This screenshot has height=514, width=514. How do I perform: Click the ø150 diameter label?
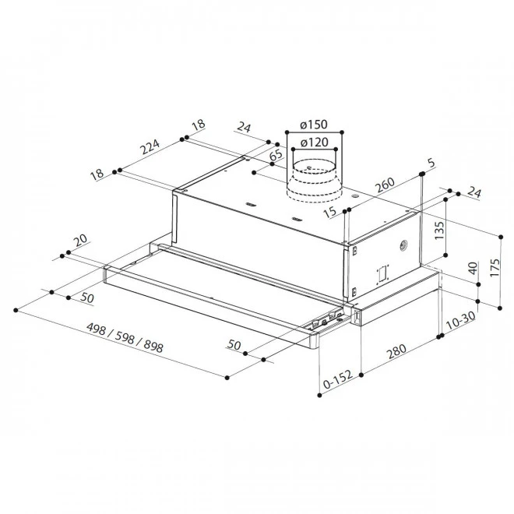314,125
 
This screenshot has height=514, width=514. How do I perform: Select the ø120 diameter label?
314,143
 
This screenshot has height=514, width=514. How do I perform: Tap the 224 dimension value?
150,146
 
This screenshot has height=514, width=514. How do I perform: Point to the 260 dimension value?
385,185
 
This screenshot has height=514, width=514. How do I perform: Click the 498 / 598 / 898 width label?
125,337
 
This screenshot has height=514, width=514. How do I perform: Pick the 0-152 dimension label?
337,379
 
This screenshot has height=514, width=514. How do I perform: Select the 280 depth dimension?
396,351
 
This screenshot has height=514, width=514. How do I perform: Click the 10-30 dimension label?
460,320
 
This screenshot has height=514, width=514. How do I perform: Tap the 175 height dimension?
495,267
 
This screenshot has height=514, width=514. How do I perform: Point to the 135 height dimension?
439,231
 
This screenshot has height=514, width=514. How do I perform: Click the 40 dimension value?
473,268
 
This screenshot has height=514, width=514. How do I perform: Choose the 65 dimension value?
276,155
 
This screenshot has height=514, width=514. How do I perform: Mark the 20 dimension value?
80,240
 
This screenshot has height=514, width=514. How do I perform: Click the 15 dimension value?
329,212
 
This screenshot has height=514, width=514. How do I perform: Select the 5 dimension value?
431,163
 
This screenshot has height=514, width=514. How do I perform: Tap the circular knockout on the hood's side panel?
403,245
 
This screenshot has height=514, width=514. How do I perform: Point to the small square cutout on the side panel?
382,273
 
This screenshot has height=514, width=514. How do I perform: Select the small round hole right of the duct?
354,196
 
